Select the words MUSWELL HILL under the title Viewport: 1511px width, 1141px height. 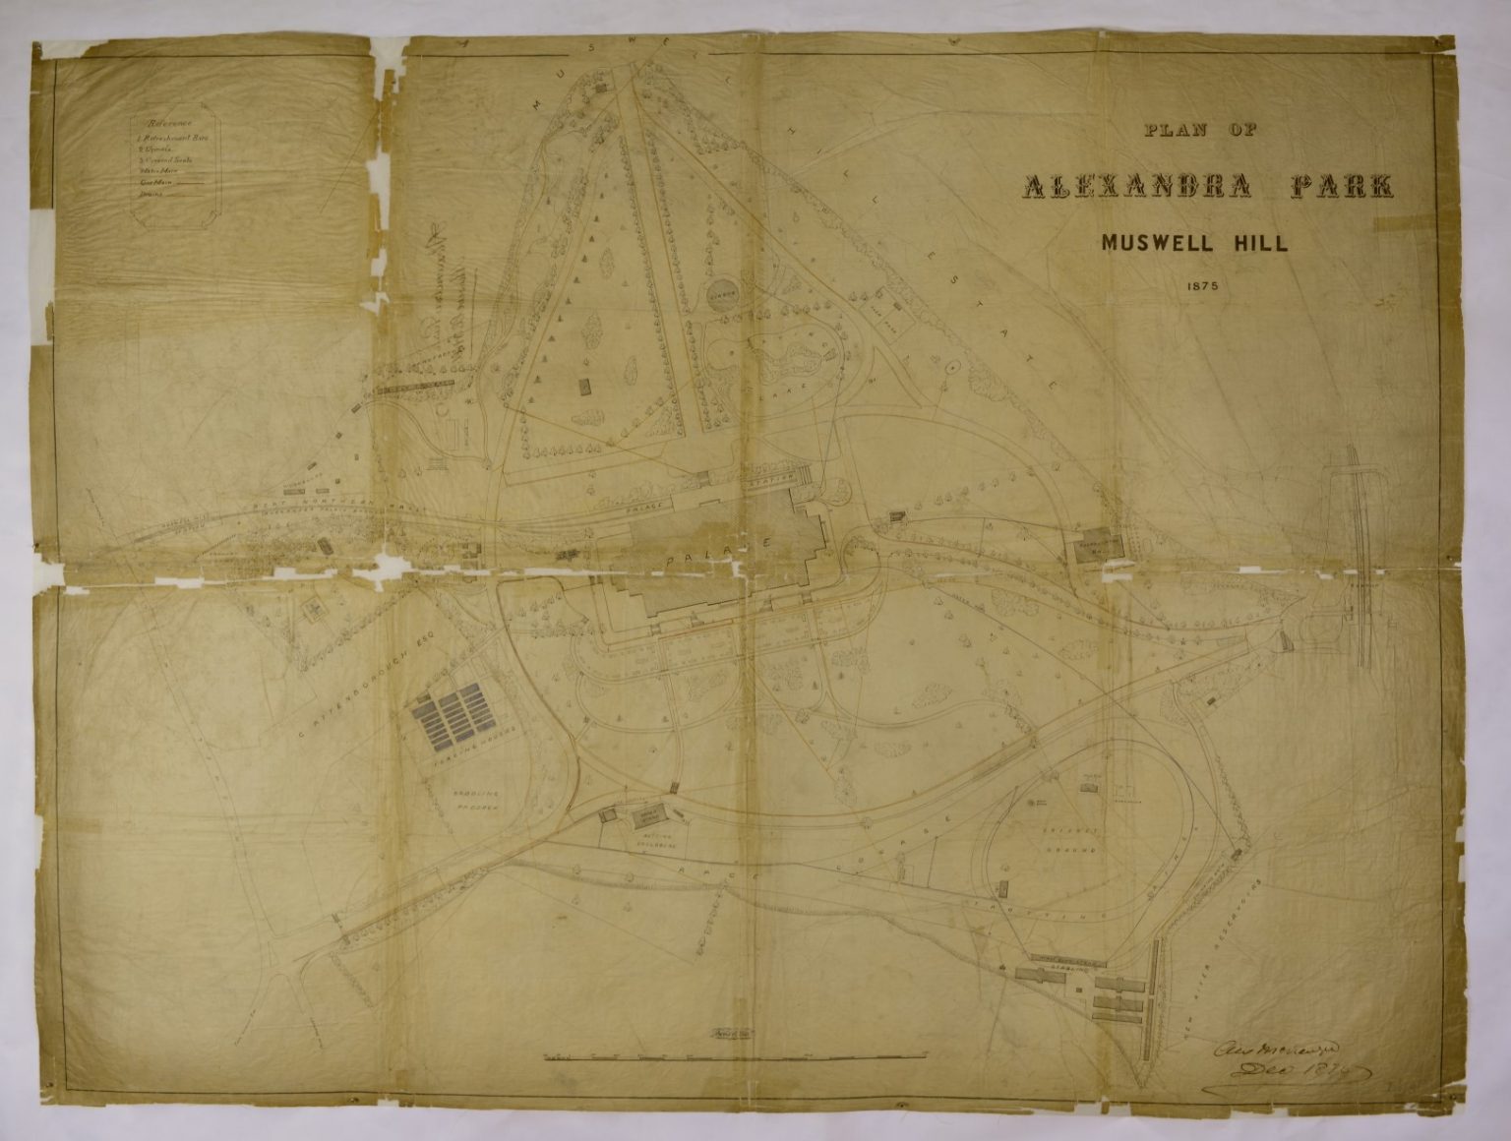(x=1194, y=243)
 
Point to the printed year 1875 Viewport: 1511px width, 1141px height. (x=1193, y=287)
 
